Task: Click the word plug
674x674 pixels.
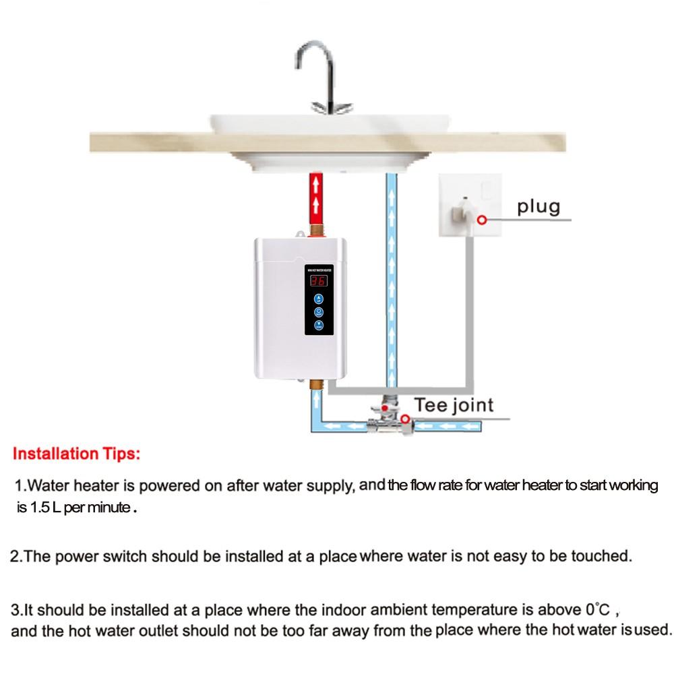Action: [x=539, y=207]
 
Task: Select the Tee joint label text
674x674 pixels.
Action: [x=453, y=405]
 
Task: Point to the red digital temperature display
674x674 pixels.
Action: [x=319, y=282]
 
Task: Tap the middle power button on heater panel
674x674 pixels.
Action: [x=319, y=311]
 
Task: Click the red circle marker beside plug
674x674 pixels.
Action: [x=481, y=219]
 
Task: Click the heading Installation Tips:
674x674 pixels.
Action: [x=77, y=453]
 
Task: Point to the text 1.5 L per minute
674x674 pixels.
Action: [x=80, y=508]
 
